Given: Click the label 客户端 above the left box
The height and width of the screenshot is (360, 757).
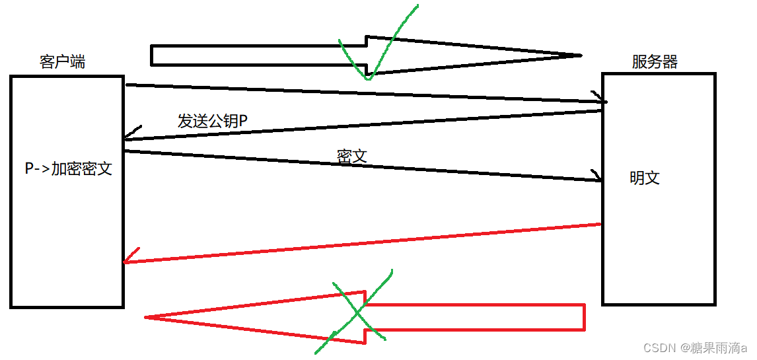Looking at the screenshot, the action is pos(62,62).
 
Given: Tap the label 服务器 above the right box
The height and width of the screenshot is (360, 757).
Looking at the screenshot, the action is pos(654,62).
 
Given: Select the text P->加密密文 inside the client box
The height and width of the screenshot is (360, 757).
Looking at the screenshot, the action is pos(69,168).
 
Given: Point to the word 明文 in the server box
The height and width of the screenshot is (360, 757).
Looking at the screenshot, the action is pos(645,178).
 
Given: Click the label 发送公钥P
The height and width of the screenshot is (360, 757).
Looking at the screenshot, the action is pos(212,121).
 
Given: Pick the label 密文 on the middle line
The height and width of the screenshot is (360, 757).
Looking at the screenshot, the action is pos(351,156).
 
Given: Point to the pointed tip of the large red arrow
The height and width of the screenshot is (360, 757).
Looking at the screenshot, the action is pos(147,318).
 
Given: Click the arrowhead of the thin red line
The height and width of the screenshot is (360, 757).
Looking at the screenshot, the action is pos(127,261).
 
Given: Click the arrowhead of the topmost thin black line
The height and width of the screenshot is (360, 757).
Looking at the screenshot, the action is pos(603,101).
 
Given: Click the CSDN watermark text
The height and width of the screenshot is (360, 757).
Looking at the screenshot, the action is pos(657,348).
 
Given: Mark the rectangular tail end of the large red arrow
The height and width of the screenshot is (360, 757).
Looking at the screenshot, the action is pos(583,316).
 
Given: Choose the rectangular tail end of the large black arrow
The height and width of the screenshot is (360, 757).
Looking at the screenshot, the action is pos(153,55).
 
